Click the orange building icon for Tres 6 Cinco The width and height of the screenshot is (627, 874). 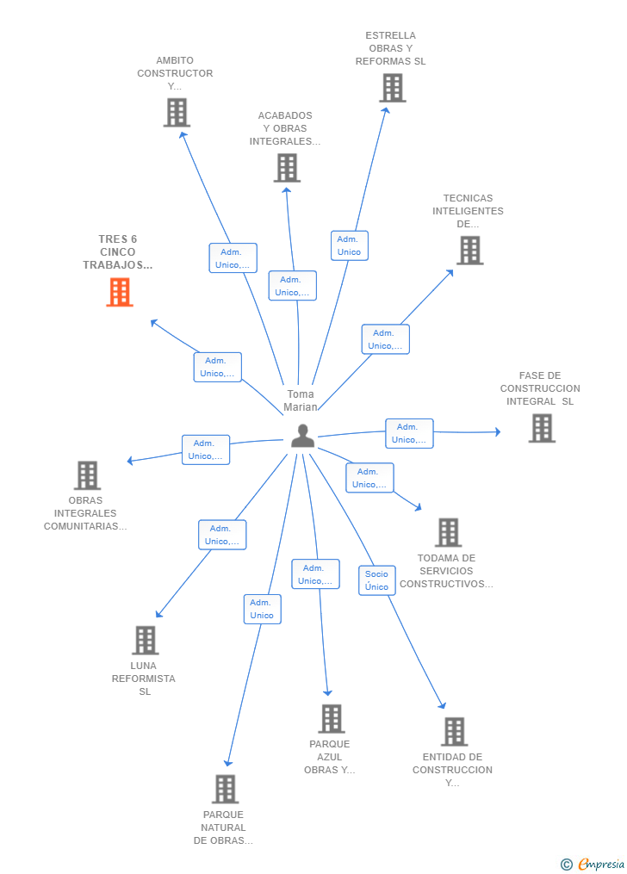(x=120, y=292)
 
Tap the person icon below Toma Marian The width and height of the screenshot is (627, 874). (x=302, y=436)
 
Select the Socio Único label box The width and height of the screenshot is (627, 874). (x=376, y=580)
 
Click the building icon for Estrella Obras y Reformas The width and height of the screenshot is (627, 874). (x=393, y=88)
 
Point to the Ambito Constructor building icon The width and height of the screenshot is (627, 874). (x=177, y=113)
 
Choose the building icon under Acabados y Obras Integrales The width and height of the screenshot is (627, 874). (x=287, y=168)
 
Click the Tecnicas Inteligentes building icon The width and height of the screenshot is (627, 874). (x=470, y=251)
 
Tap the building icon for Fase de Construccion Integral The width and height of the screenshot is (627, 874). (x=542, y=428)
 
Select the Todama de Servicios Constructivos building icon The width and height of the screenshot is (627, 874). (x=448, y=532)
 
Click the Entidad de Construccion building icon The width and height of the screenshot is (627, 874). (x=454, y=731)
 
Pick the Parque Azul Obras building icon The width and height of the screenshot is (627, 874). (x=332, y=718)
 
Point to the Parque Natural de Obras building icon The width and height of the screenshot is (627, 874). (x=225, y=789)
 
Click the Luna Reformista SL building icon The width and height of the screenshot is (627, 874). (x=145, y=640)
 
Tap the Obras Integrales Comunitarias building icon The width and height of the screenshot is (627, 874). (x=87, y=475)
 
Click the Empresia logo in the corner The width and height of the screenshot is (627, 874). (x=593, y=864)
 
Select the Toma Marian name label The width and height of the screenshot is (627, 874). (x=301, y=400)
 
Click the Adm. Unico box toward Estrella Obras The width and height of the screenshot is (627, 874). (x=350, y=245)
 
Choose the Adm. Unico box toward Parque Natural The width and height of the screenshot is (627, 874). (x=262, y=610)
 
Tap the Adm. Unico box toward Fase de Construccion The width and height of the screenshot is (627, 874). (x=409, y=433)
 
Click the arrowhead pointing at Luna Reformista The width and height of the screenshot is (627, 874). (x=158, y=614)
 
